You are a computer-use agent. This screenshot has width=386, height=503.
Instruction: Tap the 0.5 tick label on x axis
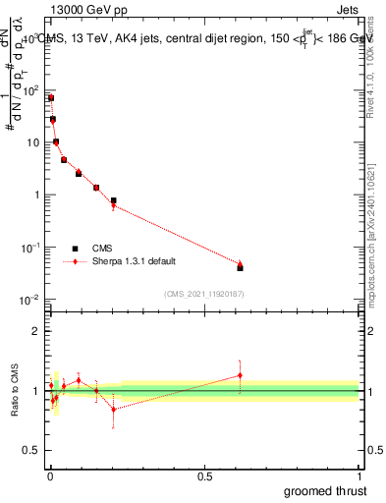coord(203,475)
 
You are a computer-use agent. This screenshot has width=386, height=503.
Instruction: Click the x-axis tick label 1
coord(358,475)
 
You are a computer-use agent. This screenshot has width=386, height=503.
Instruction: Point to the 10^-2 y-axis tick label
coord(30,298)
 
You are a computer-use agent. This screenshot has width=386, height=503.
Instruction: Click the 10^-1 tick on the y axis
coord(30,247)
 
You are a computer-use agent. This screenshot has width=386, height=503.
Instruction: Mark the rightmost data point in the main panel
coord(240,266)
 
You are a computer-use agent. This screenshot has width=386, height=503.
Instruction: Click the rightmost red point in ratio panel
coord(240,375)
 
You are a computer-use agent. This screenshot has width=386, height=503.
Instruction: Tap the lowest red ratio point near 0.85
coord(113,409)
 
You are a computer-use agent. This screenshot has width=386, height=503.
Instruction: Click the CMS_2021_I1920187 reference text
coord(202,293)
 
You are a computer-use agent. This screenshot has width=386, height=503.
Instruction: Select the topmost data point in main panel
coord(50,98)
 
